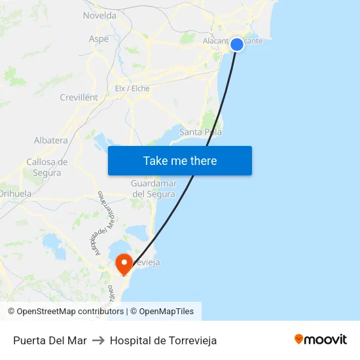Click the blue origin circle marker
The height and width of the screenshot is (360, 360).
point(237,45)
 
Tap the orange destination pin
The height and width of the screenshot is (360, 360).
point(123,264)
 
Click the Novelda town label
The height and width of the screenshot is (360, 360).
point(99,15)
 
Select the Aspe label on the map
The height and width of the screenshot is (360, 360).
point(99,39)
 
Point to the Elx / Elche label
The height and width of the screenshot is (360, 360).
point(132,88)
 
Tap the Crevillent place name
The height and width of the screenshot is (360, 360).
point(79,98)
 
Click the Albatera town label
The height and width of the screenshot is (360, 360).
point(50,140)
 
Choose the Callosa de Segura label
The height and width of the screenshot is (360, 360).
point(47,168)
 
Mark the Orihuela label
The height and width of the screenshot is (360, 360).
point(15,194)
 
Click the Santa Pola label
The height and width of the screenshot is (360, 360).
point(200,132)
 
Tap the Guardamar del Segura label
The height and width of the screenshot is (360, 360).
point(153,189)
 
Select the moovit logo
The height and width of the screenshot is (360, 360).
point(320,340)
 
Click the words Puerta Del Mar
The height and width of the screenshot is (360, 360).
point(50,340)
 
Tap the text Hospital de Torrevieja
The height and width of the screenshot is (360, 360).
point(163,340)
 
